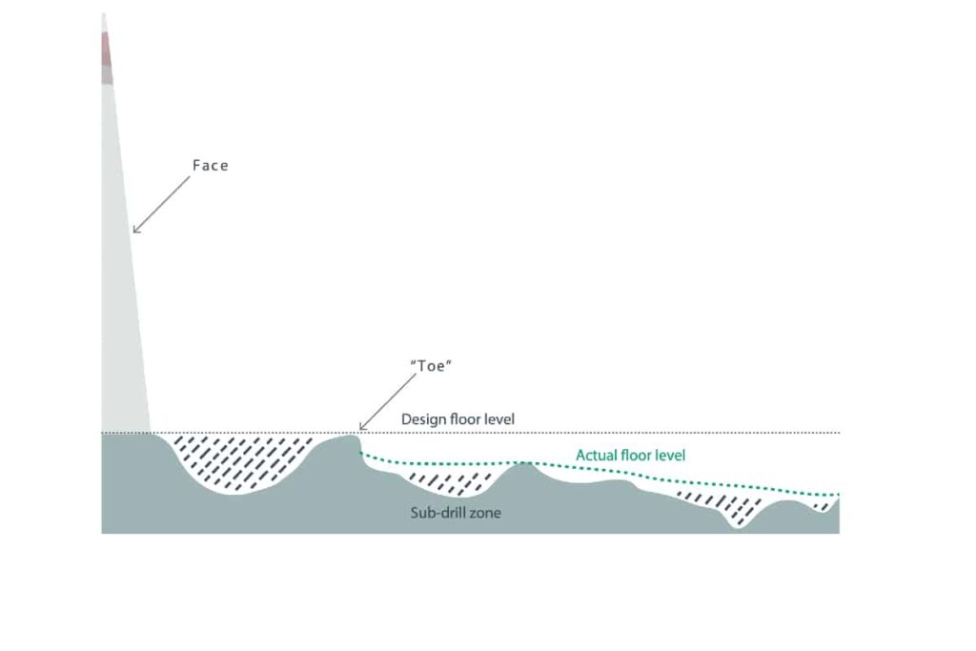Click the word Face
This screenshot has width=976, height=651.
pos(211,166)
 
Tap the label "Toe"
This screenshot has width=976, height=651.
pos(431,366)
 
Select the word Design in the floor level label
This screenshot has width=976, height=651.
pos(424,419)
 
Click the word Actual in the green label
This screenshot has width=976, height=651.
pos(596,456)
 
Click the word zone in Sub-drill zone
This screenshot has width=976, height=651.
pos(485,514)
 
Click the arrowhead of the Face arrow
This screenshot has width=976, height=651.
pos(135,231)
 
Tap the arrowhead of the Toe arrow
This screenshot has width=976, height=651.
pos(362,427)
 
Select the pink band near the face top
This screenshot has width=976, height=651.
pos(107,49)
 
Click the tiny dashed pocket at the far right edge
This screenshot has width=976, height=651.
pos(823,505)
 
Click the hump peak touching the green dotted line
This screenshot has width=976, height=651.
pos(526,463)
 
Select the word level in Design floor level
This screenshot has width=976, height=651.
pos(499,419)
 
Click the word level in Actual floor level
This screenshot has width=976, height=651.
pos(670,456)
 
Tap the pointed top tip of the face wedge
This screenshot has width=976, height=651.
pos(104,13)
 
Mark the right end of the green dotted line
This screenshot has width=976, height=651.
pos(838,495)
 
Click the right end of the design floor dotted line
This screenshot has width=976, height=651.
pos(839,433)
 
